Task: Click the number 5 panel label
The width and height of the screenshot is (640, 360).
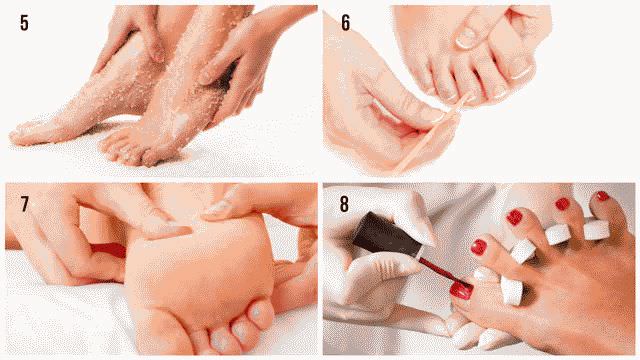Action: click(24, 23)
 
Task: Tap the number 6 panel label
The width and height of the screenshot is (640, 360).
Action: click(346, 23)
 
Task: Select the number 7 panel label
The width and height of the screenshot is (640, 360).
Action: click(25, 204)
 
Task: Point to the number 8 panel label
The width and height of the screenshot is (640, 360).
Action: click(344, 204)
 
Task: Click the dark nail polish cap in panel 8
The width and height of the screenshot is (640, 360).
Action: click(386, 235)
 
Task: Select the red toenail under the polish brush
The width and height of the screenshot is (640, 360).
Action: click(461, 291)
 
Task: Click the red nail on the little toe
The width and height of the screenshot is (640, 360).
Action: click(603, 196)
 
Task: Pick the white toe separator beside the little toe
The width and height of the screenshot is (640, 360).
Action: click(596, 229)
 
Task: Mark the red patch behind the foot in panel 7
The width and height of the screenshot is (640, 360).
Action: click(107, 250)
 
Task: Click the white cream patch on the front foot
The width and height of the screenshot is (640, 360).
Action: click(179, 123)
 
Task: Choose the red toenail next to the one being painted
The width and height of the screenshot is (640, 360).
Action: click(478, 247)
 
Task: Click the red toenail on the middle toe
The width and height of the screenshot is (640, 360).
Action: click(514, 217)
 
